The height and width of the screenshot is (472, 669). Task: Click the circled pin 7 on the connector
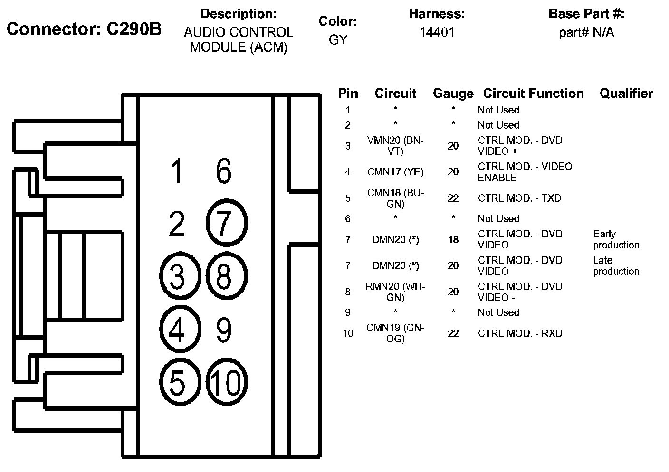pos(227,222)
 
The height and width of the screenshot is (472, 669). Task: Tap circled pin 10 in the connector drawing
pos(227,382)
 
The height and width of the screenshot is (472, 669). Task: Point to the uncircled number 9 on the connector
pos(224,330)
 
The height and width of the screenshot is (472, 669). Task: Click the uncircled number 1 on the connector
pos(177,171)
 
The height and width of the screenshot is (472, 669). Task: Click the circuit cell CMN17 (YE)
pos(395,172)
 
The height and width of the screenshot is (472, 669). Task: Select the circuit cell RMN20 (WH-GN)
pos(395,292)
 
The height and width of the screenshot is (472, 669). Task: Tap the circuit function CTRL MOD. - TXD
pos(519,198)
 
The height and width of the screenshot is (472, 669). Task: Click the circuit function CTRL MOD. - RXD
pos(520,333)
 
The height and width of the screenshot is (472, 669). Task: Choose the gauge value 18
pos(453,239)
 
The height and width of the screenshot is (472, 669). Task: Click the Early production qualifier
pos(616,239)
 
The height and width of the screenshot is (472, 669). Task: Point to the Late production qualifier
pos(616,265)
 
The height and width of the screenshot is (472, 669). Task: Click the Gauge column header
pos(453,94)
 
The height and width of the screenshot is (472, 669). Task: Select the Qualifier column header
pos(626,94)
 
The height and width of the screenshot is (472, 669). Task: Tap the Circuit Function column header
pos(533,94)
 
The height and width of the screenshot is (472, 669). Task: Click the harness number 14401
pos(437,32)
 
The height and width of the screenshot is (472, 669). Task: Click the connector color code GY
pos(338,40)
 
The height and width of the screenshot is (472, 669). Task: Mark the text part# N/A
pos(586,32)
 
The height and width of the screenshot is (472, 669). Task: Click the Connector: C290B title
pos(84,29)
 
